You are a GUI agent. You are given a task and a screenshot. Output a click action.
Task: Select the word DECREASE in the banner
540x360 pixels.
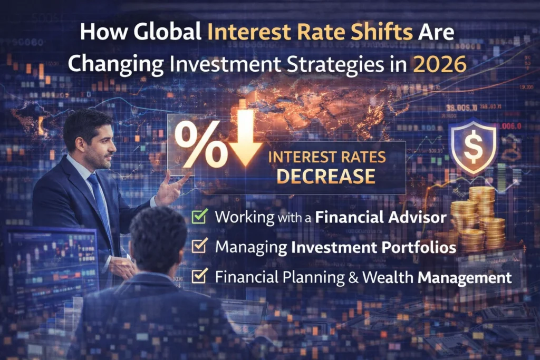click(326, 177)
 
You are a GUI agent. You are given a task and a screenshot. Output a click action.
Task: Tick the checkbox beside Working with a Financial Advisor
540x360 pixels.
click(200, 217)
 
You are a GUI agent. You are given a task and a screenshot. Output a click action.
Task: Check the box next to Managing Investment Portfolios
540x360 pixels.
click(200, 246)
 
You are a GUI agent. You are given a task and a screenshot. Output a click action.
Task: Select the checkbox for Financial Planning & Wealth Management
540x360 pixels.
click(200, 276)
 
